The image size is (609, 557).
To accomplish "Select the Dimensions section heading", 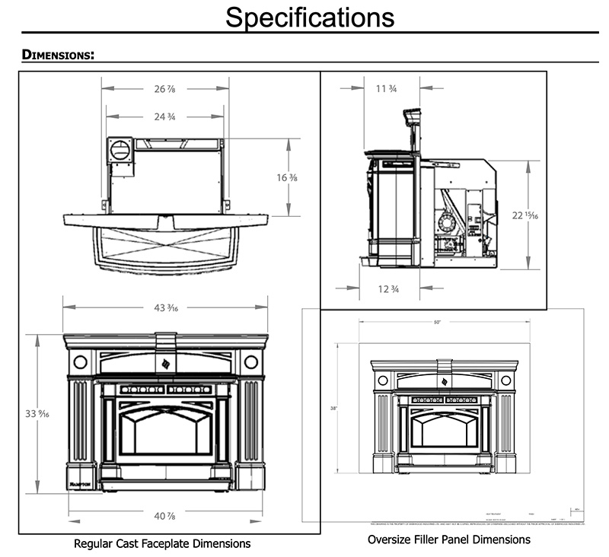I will [x=58, y=55].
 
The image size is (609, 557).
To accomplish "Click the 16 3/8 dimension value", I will [x=287, y=178].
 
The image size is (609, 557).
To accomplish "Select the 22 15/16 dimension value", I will [x=526, y=215].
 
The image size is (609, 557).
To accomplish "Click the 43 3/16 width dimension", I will [x=166, y=307].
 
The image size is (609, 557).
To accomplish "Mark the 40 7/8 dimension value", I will [x=166, y=517].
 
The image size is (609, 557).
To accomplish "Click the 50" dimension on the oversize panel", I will [x=437, y=323].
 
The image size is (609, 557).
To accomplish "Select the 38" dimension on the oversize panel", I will [x=334, y=409].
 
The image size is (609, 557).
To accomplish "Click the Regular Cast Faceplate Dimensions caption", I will [x=161, y=544].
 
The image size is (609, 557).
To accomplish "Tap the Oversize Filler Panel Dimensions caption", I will [x=449, y=539].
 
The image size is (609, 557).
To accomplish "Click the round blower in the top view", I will [x=119, y=149].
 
